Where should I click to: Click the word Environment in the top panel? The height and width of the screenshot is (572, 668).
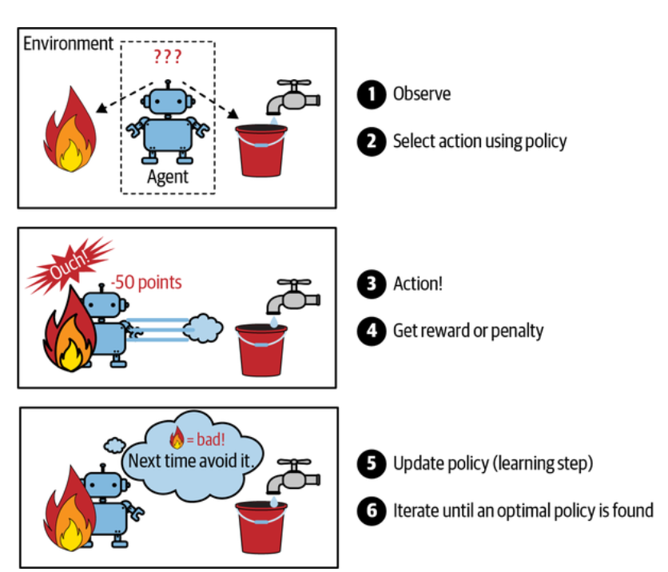click(68, 43)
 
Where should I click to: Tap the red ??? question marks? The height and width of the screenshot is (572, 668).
click(167, 58)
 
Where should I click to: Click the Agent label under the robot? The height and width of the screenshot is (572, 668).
click(167, 177)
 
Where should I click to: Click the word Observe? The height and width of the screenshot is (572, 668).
click(422, 94)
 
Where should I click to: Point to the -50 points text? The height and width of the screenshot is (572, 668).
click(146, 283)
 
